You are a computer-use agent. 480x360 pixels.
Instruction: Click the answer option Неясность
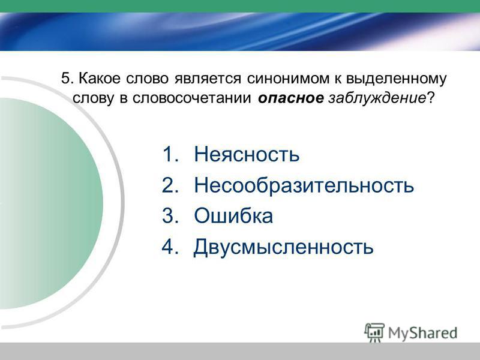[x=247, y=154]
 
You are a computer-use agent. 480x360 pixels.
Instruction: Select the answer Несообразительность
[x=304, y=185]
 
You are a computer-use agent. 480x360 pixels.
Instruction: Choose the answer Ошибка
[x=233, y=215]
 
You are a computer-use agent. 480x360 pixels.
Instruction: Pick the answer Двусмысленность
[x=283, y=247]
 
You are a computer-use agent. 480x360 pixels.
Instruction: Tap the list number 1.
[x=170, y=154]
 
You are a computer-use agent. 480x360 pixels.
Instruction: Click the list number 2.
[x=170, y=185]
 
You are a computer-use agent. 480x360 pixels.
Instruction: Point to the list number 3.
[x=170, y=215]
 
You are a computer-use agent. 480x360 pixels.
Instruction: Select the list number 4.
[x=170, y=247]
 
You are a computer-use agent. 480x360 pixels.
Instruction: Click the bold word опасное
[x=290, y=98]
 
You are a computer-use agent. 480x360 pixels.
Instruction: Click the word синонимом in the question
[x=288, y=79]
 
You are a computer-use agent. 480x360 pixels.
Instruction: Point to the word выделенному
[x=396, y=79]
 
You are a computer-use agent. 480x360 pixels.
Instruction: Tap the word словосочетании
[x=191, y=98]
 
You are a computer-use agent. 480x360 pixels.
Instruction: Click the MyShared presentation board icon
[x=374, y=332]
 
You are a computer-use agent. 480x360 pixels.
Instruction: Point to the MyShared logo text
[x=423, y=333]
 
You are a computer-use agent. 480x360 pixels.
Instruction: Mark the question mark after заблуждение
[x=430, y=98]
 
